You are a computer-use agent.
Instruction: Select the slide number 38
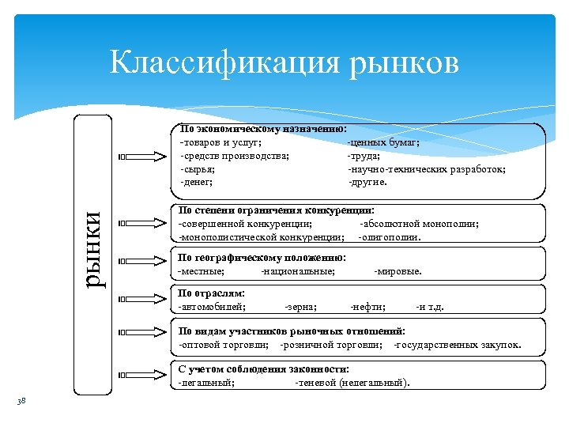tap(21, 402)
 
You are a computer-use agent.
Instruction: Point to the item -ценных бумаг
tap(384, 143)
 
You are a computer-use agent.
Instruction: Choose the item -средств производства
tap(234, 156)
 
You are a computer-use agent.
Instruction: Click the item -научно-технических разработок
tap(427, 168)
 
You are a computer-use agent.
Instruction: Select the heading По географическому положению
tap(262, 258)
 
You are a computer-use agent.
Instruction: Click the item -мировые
tap(398, 271)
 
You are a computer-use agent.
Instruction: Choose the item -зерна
tap(300, 307)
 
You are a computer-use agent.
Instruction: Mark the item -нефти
tap(367, 307)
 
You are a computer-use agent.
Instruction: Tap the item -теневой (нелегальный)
tap(352, 383)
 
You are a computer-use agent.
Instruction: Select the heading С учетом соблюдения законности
tap(264, 369)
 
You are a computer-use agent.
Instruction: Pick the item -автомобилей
tap(212, 307)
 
